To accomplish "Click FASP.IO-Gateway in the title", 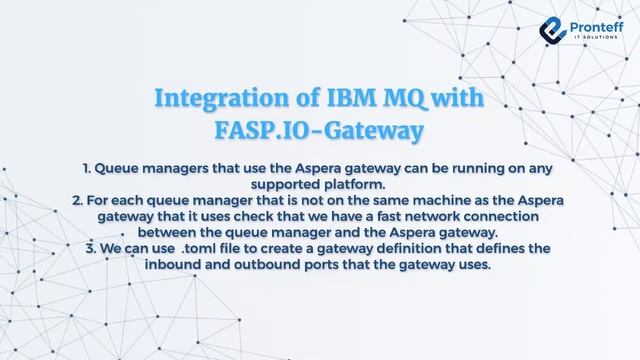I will click(319, 130).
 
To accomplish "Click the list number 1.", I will click(83, 169).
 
